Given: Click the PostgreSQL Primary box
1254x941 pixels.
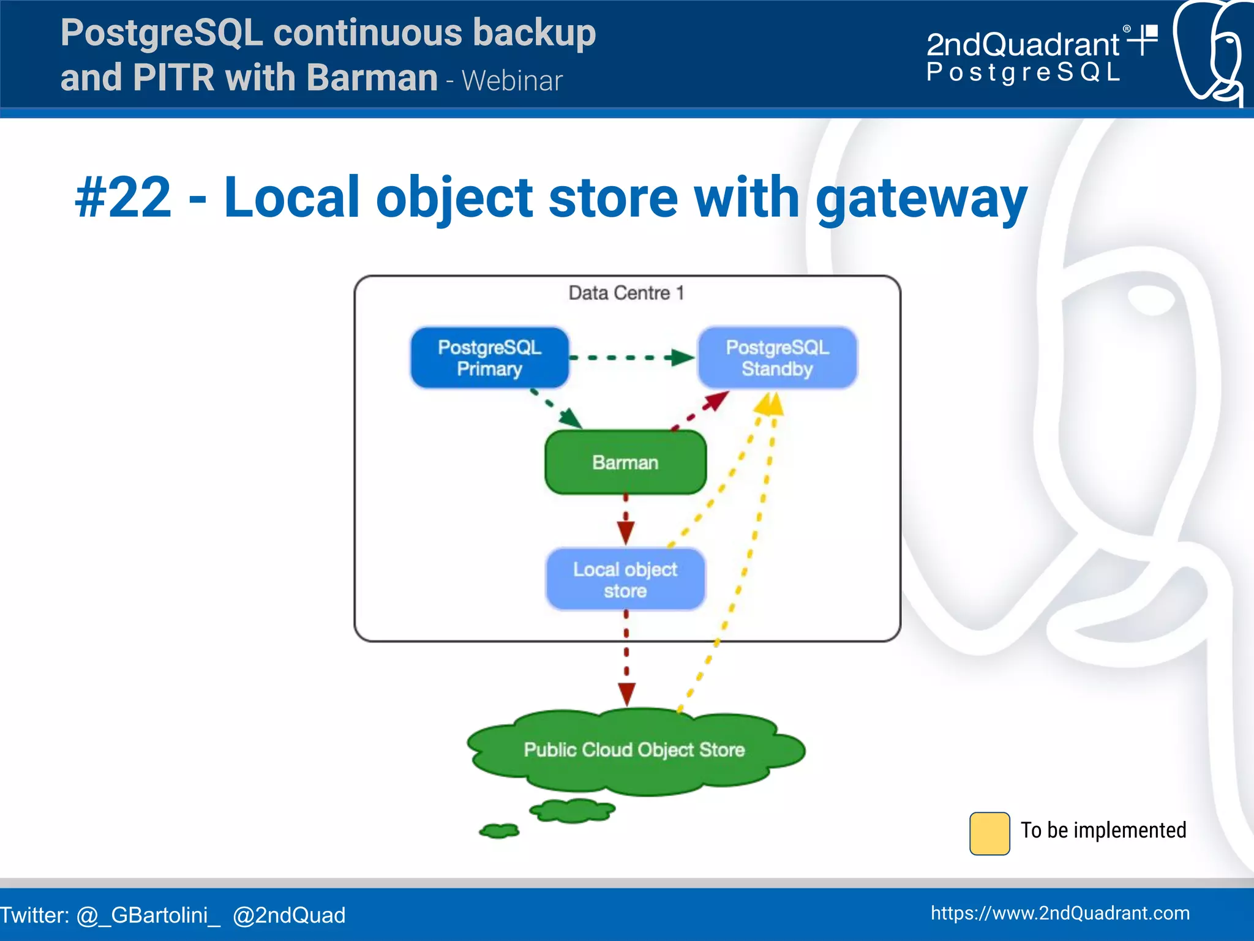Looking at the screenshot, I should click(x=489, y=358).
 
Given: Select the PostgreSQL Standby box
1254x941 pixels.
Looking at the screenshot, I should click(x=777, y=358).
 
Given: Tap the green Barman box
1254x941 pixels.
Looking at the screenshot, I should click(x=625, y=462).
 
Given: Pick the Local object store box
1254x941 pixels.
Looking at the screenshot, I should click(x=625, y=579).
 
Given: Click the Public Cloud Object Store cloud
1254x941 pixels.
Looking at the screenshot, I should click(x=634, y=750).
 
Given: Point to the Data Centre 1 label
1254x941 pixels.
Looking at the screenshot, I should click(x=626, y=293).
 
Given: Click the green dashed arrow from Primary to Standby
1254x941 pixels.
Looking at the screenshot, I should click(x=631, y=358).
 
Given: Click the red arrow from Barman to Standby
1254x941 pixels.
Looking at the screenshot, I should click(x=701, y=410).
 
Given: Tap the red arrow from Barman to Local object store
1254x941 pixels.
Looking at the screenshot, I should click(x=625, y=520).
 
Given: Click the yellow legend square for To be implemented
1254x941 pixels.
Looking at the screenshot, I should click(x=989, y=833).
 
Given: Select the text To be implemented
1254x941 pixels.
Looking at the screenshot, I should click(x=1103, y=830).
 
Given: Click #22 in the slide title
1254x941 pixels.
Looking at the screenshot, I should click(x=123, y=197).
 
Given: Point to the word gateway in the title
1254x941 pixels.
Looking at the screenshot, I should click(x=921, y=199).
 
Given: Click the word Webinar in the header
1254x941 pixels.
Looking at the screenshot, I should click(x=512, y=81).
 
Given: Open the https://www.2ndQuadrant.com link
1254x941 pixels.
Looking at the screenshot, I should click(x=1060, y=913).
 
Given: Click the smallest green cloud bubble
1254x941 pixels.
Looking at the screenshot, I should click(x=499, y=831).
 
